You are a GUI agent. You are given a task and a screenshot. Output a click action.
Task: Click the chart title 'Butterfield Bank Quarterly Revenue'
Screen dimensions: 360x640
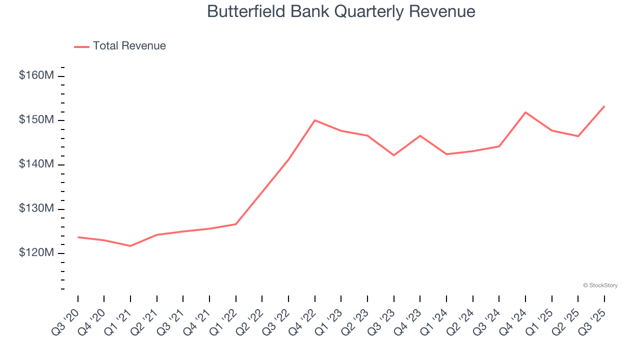coord(341,11)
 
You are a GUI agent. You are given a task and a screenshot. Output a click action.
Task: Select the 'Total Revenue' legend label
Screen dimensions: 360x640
coord(129,46)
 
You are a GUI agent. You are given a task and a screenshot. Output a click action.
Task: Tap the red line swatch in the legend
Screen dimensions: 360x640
coord(81,46)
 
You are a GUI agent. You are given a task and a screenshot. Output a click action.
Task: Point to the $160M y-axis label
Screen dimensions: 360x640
coord(36,76)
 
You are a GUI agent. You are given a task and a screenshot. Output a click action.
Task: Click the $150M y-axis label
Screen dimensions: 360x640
coord(36,120)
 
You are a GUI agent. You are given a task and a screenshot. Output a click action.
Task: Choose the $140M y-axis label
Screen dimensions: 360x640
coord(36,164)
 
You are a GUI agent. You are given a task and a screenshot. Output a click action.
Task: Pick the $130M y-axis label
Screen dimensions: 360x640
coord(36,208)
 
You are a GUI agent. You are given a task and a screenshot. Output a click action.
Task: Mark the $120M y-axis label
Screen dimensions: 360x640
coord(36,253)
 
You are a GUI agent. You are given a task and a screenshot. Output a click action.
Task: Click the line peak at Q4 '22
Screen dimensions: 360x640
coord(315,120)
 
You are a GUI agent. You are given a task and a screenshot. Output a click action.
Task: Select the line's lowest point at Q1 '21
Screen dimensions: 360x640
coord(130,246)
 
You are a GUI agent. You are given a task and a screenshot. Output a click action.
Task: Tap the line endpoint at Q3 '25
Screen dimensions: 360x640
coord(604,106)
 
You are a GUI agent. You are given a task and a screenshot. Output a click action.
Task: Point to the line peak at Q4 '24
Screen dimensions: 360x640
coord(525,112)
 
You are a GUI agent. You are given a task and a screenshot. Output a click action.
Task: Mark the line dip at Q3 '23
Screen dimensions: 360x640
coord(394,155)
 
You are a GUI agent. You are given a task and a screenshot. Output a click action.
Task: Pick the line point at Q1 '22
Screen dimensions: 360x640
coord(236,224)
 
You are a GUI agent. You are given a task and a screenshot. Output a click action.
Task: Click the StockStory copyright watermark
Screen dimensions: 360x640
coord(600,285)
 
